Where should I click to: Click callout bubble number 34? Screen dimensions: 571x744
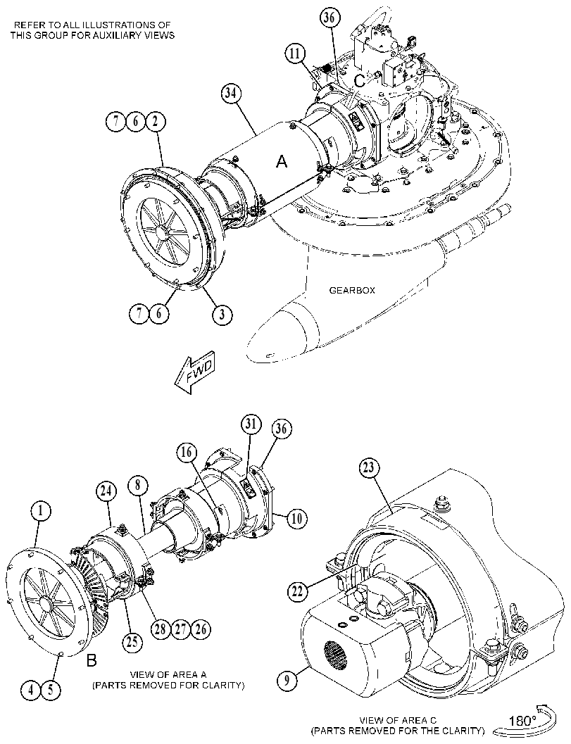(x=230, y=94)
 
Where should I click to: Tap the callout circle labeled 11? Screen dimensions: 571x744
(x=295, y=53)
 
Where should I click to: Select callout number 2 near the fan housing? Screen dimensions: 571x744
(x=155, y=122)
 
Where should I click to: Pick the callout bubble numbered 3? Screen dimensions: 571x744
(x=222, y=314)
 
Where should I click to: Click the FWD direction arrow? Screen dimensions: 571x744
(x=195, y=372)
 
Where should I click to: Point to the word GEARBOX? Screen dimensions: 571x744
(x=352, y=290)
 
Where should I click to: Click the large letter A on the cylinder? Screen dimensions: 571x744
(x=282, y=162)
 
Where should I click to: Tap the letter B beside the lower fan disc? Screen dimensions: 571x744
(x=92, y=660)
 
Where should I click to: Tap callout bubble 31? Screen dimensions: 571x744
(x=251, y=424)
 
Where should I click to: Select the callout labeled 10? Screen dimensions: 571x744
(x=296, y=517)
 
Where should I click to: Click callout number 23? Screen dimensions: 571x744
(x=369, y=468)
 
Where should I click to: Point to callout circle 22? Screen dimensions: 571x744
(x=297, y=591)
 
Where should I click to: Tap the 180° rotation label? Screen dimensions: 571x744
(x=522, y=720)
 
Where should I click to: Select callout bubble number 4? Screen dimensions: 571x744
(x=31, y=689)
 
